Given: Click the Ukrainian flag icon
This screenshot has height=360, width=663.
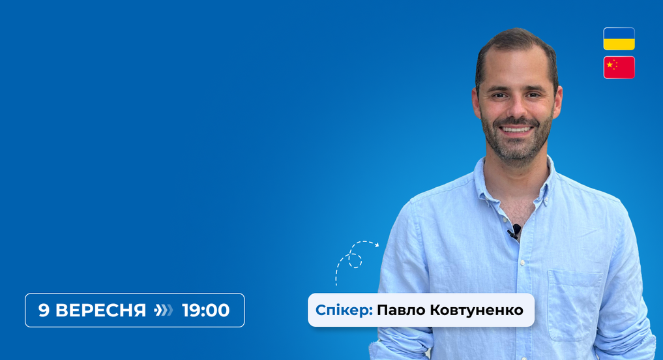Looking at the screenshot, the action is coord(619,39).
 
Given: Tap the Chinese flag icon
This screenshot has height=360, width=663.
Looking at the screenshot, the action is coord(619,67).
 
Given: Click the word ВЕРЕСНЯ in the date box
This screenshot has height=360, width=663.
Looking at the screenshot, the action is coord(100,310).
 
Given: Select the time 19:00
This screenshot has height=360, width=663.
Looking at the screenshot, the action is coord(206,310).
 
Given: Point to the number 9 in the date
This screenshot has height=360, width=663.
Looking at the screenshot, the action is coord(44,310).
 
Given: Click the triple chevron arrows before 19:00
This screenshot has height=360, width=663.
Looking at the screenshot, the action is coord(164,310).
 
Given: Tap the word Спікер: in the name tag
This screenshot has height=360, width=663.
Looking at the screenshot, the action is coord(344,310).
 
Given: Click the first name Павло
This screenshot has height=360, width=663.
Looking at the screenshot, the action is coord(401,310).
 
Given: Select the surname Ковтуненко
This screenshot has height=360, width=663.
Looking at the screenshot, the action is coord(477,310).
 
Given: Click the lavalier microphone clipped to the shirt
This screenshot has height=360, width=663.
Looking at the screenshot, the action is coord(514,231).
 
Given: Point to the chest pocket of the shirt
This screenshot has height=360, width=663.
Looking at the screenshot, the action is coord(574,305).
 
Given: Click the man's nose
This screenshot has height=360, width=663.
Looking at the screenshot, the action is coord(516,108).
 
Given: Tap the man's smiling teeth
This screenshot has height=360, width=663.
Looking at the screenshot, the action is coord(516,129).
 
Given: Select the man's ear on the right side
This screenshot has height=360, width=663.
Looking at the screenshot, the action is coord(557,102).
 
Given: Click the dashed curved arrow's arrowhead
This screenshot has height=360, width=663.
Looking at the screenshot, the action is coord(377,245).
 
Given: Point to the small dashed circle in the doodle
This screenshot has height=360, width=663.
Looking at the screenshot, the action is coord(355,261).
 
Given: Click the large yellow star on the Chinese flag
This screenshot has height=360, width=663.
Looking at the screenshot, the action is coord(610,65).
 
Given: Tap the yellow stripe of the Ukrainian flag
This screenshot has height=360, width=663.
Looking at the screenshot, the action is coord(619,44).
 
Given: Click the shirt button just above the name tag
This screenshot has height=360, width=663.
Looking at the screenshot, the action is coord(523,263).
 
